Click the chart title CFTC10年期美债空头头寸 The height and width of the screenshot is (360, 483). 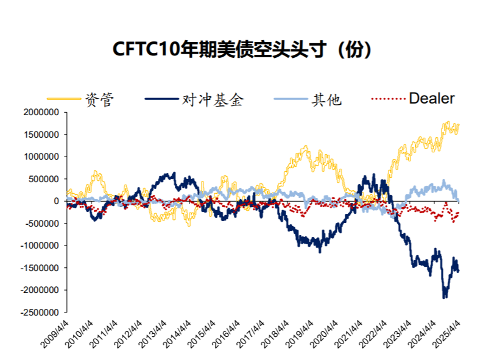point(242,50)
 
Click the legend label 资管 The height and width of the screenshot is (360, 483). point(99,99)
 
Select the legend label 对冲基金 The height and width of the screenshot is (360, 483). point(213,99)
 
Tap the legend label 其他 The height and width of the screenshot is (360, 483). point(326,99)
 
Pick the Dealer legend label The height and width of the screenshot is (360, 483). point(431,99)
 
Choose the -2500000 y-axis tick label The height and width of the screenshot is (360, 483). point(38,312)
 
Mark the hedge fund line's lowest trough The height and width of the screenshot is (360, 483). point(444,297)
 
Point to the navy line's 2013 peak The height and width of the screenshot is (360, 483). point(174,173)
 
